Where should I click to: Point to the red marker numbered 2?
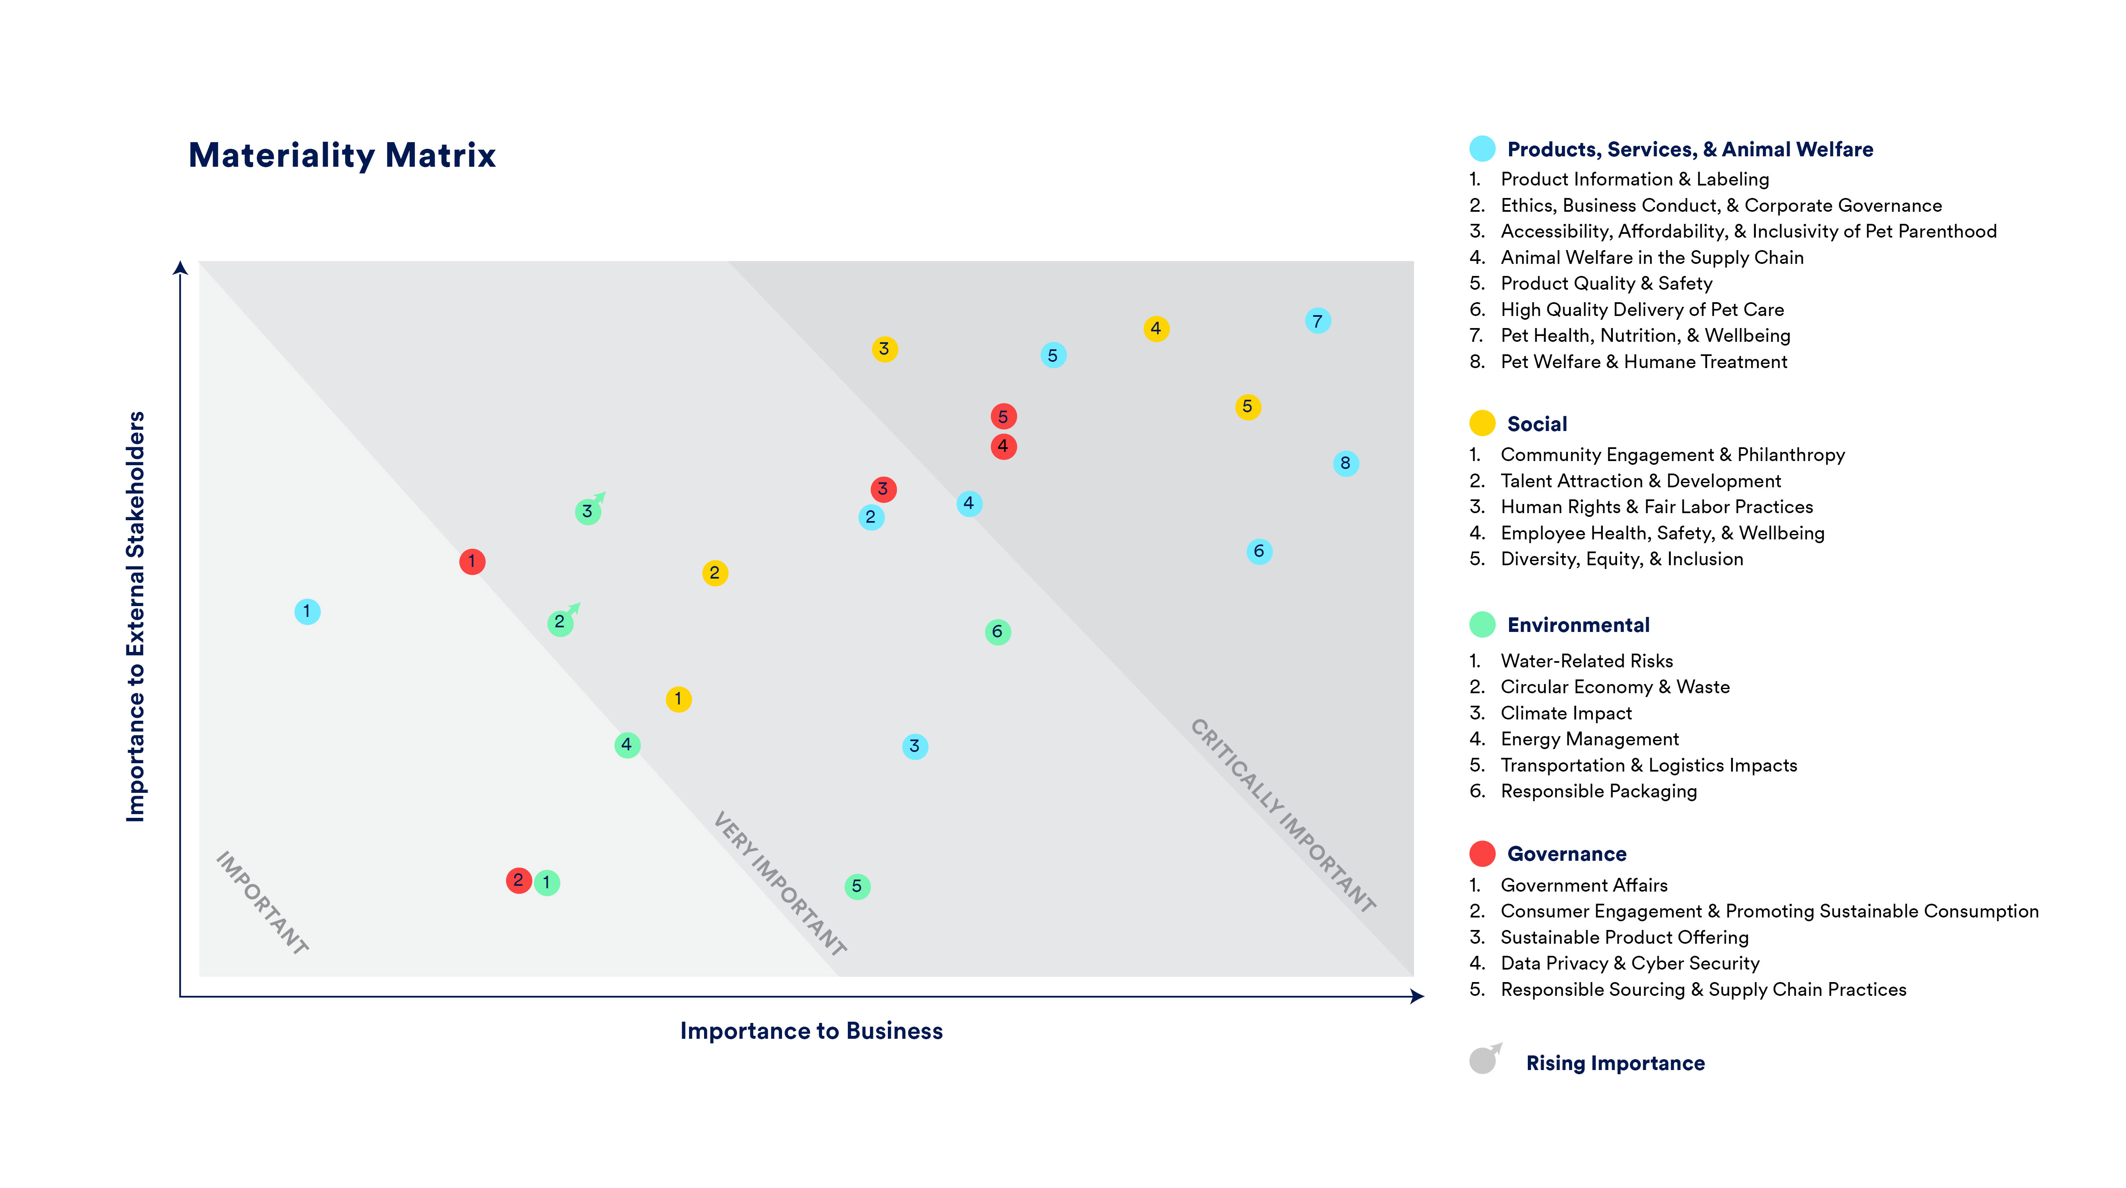518,880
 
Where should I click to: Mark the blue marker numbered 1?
307,612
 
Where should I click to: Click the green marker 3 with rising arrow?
588,511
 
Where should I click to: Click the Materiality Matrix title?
342,155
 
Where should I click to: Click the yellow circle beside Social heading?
1482,423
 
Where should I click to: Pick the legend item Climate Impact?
1566,713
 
